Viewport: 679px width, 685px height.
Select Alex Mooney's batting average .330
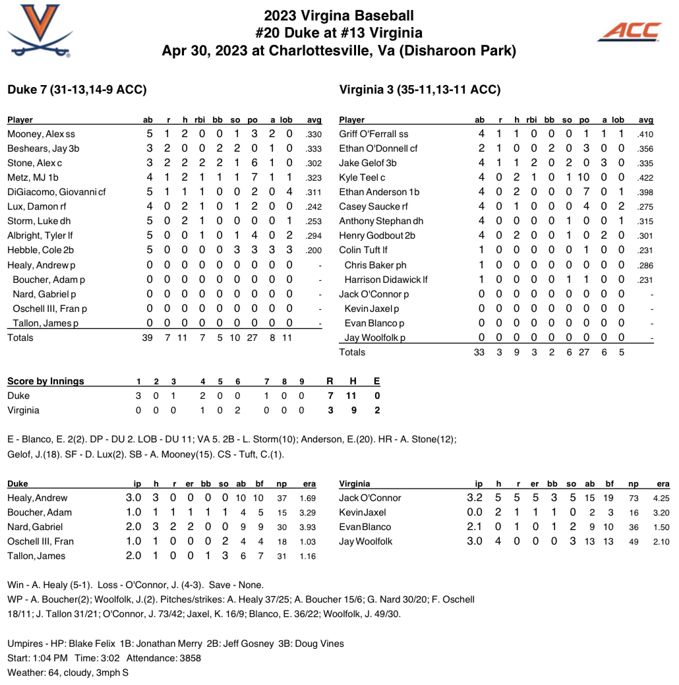click(x=314, y=134)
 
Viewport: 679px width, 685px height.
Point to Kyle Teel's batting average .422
click(x=645, y=178)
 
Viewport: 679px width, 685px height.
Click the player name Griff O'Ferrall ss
click(x=374, y=134)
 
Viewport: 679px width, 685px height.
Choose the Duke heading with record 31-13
click(x=76, y=90)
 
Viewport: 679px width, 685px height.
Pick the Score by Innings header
click(x=45, y=381)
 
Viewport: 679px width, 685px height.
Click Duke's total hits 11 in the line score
click(x=353, y=396)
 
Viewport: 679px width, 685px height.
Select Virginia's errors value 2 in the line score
click(x=376, y=410)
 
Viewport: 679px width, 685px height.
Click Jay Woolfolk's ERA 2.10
click(x=661, y=541)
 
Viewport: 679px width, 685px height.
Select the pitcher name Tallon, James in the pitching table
click(x=36, y=556)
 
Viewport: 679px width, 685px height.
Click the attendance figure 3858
click(x=188, y=657)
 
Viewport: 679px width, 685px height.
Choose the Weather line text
click(x=68, y=672)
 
